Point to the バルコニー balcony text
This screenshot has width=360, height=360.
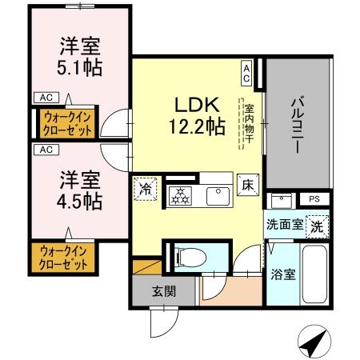298,124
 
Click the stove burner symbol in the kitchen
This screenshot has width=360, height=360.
181,194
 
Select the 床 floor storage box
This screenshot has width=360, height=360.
247,185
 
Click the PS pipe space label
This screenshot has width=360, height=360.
313,198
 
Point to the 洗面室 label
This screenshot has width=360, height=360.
285,226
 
